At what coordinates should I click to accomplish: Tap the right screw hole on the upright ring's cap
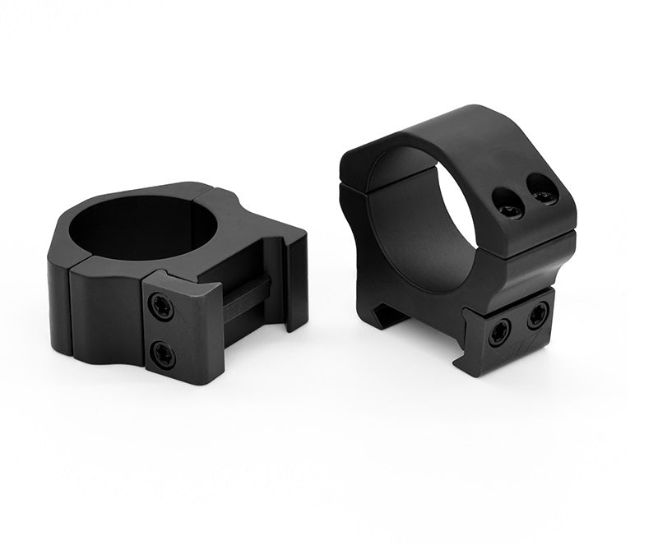(542, 195)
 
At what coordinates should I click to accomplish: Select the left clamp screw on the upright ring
(500, 333)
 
